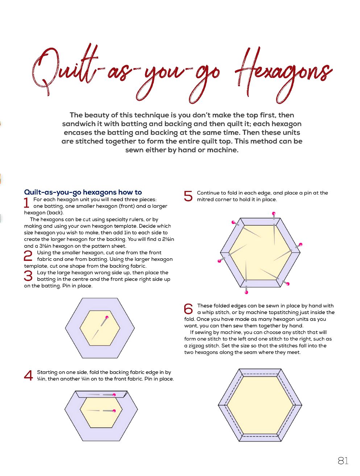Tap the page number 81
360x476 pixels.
point(343,460)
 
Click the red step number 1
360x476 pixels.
point(26,202)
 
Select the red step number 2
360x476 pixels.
point(28,256)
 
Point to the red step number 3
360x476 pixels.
point(28,276)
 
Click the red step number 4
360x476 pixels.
point(28,375)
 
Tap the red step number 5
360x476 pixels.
point(188,196)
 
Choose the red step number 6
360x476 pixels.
point(188,309)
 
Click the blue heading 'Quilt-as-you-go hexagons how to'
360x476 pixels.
point(83,192)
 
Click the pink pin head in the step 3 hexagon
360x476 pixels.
point(107,317)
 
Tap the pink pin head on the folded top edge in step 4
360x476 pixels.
point(114,395)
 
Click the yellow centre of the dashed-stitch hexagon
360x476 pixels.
point(260,405)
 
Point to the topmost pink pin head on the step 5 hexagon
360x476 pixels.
point(274,213)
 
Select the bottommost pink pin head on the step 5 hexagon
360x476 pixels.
point(246,292)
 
